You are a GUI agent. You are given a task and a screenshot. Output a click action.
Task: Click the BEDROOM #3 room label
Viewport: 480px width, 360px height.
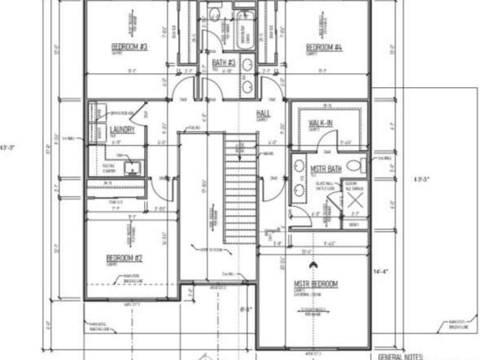click(x=129, y=47)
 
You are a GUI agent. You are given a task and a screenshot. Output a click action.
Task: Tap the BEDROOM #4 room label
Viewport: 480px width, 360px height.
click(x=323, y=47)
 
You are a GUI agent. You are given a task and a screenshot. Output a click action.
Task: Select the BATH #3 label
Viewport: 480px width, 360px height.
click(x=224, y=63)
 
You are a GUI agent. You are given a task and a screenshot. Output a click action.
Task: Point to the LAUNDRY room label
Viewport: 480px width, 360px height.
click(x=122, y=130)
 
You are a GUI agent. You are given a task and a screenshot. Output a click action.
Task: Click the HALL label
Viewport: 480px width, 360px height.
click(x=262, y=114)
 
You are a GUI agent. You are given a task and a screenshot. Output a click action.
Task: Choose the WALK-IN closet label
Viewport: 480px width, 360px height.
click(x=321, y=123)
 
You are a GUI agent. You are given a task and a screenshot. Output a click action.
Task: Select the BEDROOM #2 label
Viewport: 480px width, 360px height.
click(x=124, y=258)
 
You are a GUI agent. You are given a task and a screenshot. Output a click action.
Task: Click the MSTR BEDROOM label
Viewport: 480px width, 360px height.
click(x=315, y=284)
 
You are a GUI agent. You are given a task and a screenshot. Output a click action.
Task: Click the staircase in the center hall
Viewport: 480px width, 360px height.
click(x=239, y=188)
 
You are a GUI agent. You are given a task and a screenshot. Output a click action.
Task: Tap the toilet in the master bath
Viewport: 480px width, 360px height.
click(x=354, y=166)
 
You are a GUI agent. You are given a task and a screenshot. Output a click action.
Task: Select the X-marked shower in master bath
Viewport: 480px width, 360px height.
click(x=355, y=201)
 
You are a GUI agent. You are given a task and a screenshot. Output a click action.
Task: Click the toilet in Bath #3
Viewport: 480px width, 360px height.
click(x=215, y=13)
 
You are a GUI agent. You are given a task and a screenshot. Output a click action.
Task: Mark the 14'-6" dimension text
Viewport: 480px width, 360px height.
click(x=380, y=271)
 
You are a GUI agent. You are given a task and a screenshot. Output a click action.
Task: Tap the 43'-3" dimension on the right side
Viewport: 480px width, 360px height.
click(x=421, y=179)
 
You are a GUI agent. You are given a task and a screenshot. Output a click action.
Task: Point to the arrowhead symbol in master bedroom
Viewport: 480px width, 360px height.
click(x=312, y=265)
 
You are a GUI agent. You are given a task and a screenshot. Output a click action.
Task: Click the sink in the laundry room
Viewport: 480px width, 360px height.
click(x=131, y=167)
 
